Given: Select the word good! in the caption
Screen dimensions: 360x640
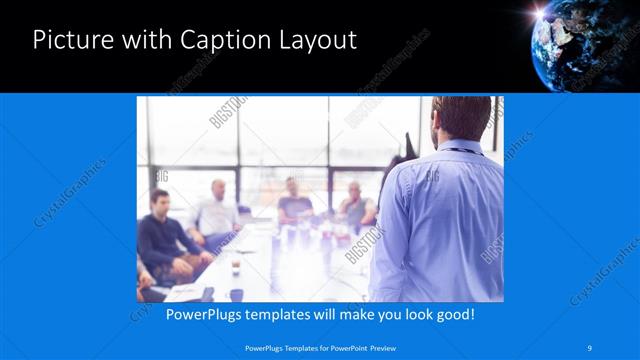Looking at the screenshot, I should pos(452,314).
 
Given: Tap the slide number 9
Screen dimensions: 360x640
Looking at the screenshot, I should pos(590,347).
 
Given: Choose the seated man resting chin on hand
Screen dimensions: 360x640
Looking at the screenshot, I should pos(355,206).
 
